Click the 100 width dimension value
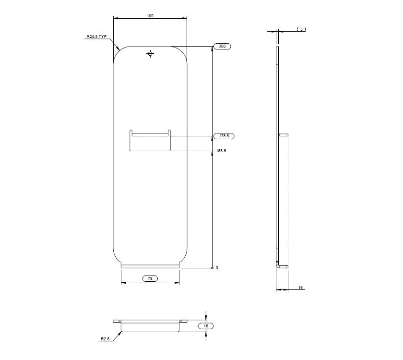click(150, 16)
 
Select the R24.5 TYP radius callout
click(96, 36)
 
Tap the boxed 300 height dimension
click(222, 47)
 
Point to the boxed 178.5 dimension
click(223, 136)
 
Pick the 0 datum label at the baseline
click(217, 268)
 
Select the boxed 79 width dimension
click(150, 278)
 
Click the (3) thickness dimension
click(301, 29)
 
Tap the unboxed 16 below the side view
click(300, 288)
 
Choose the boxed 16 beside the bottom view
click(205, 326)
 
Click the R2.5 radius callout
click(105, 339)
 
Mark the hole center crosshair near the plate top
click(151, 54)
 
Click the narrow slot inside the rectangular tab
click(150, 135)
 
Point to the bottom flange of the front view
click(150, 266)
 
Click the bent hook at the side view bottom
click(281, 264)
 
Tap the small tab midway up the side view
click(283, 135)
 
